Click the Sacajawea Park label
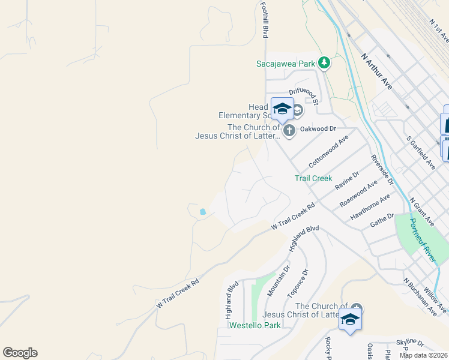286,63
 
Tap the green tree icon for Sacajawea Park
324,62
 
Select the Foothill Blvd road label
264,19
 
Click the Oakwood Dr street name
318,128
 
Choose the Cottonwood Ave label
328,151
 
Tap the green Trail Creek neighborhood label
313,178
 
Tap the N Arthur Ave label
376,71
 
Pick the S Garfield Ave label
420,151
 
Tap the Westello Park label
255,326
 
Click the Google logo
20,353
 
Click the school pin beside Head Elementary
282,109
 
